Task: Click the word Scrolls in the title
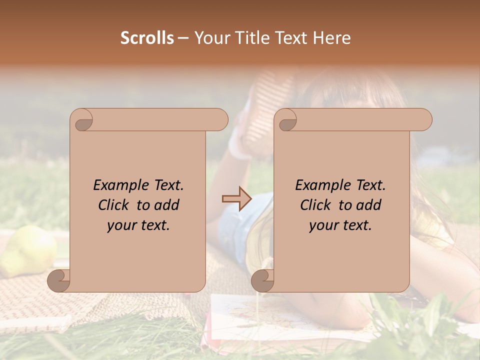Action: coord(147,38)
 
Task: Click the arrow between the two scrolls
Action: coord(237,198)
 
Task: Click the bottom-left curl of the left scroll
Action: coord(59,280)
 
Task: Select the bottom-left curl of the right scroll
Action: coord(262,280)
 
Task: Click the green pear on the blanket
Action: coord(28,250)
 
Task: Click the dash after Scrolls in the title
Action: coord(183,38)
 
